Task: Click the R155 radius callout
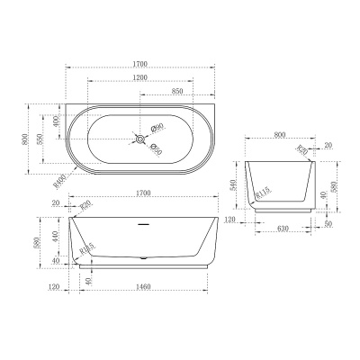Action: (x=87, y=249)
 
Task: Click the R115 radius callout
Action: (x=265, y=192)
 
